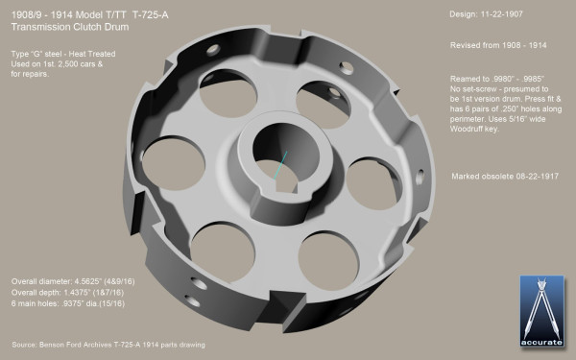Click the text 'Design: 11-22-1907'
pyautogui.click(x=488, y=18)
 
